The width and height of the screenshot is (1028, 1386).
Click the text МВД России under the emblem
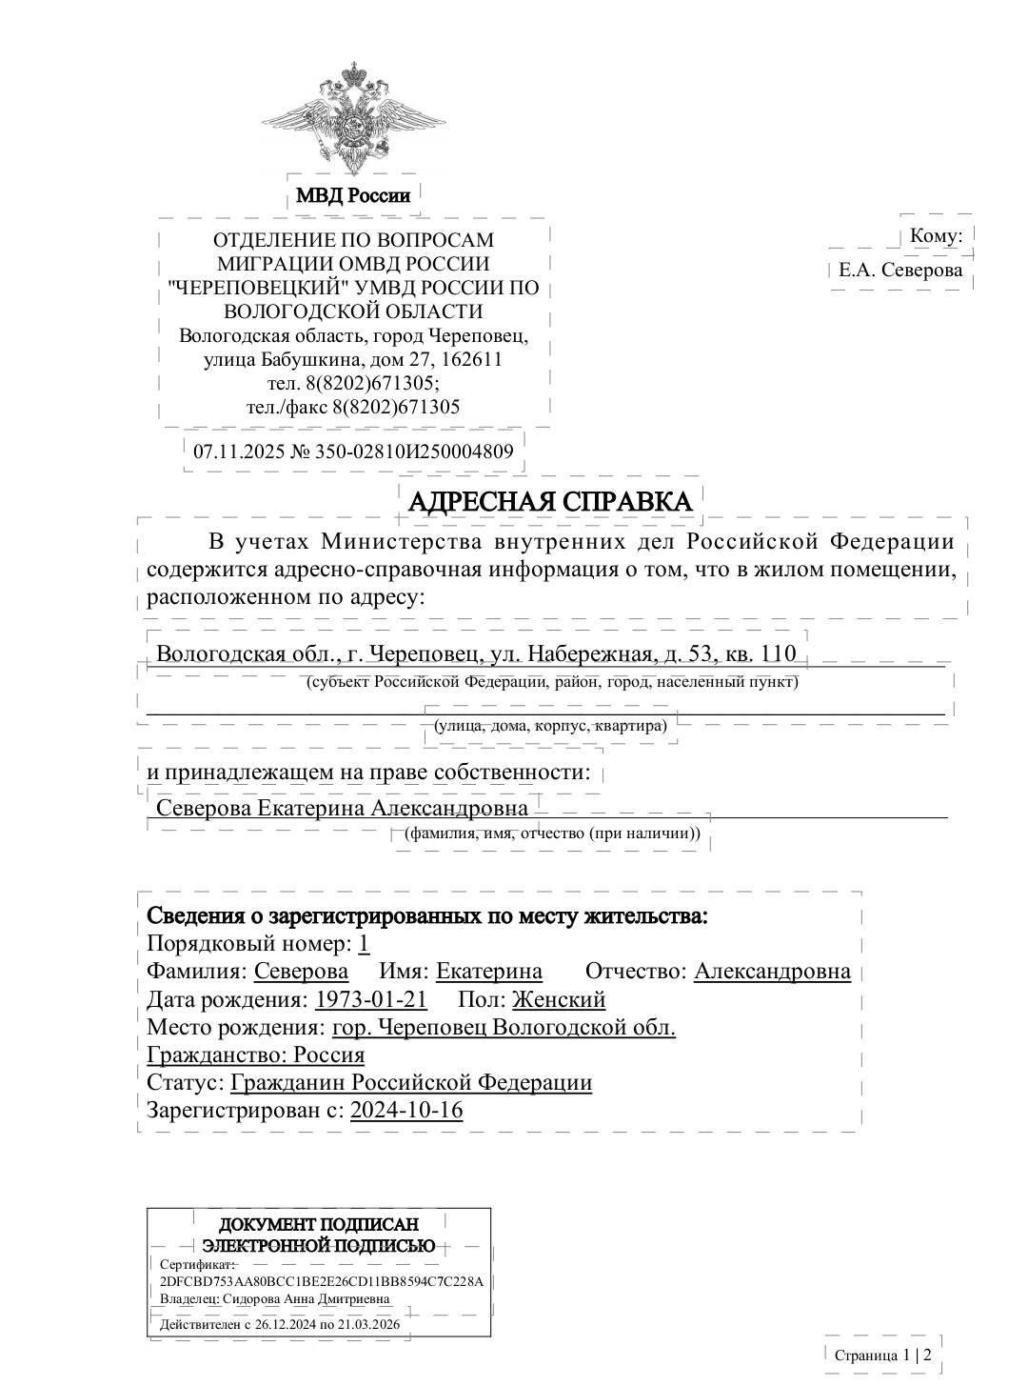(353, 196)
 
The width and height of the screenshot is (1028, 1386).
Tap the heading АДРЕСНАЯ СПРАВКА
(550, 501)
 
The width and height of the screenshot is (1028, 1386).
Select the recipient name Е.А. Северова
(900, 270)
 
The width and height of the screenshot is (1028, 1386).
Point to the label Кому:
(936, 236)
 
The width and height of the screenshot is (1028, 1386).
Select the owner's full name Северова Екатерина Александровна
(342, 809)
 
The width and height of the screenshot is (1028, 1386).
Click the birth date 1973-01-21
(370, 999)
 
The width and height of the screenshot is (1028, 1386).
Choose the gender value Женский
(559, 999)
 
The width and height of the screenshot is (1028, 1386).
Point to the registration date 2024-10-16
(406, 1110)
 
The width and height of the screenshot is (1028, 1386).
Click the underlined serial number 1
(364, 944)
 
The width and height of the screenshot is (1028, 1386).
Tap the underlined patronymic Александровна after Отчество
(772, 972)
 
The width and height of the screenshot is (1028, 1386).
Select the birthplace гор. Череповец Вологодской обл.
(504, 1027)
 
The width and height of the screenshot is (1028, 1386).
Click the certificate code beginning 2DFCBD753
(322, 1281)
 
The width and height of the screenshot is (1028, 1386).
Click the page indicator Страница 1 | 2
(882, 1355)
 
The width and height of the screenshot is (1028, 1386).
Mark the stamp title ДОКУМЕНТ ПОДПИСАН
(319, 1225)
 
